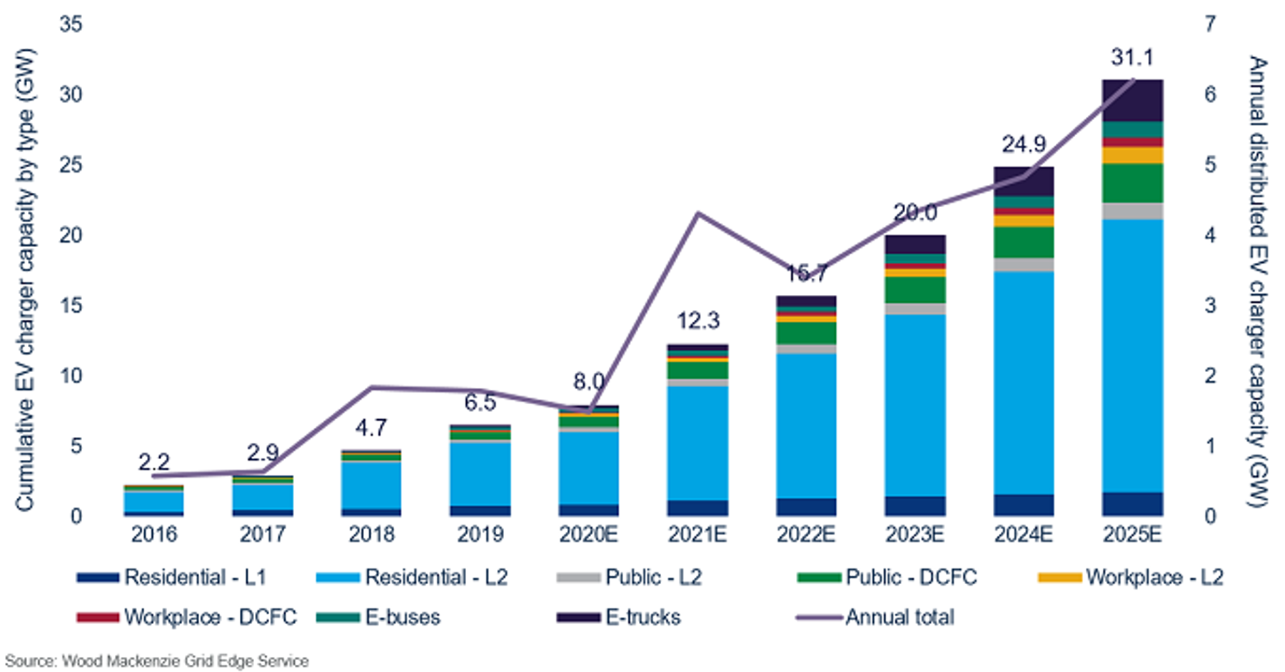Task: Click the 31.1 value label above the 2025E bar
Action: click(1132, 57)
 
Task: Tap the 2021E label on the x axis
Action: click(697, 534)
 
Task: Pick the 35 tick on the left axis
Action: click(71, 24)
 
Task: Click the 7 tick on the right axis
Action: click(1209, 24)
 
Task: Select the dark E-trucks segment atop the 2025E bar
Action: click(1132, 101)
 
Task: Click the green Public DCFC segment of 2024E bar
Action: click(1024, 242)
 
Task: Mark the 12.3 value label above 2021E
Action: click(697, 321)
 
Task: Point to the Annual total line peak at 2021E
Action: click(698, 214)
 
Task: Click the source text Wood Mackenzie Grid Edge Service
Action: click(157, 661)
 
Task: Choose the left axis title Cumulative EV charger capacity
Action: click(25, 279)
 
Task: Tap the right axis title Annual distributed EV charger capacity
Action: click(1257, 281)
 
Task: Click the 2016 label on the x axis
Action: click(153, 534)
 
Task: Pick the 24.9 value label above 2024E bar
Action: click(1024, 144)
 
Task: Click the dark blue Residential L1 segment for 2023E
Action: click(915, 506)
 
